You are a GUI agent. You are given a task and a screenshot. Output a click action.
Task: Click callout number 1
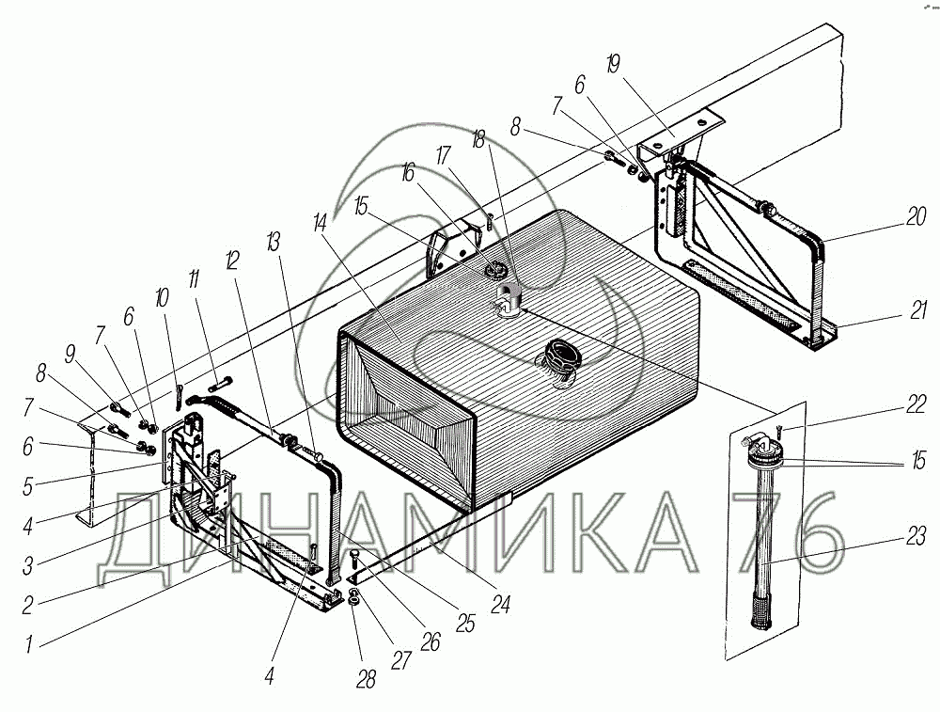29,645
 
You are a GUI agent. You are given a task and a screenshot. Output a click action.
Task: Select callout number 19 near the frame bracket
613,64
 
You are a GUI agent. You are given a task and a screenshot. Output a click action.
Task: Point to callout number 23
916,537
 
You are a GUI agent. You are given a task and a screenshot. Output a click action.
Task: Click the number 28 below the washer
367,680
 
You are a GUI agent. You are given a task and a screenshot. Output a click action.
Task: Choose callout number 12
232,261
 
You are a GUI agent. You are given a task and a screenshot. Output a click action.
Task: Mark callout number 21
918,310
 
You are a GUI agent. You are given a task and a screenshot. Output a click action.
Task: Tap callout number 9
70,355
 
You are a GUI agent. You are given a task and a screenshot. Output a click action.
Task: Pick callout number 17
443,156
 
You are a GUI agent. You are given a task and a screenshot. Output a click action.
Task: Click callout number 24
500,604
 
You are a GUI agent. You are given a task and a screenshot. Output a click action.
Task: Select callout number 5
27,486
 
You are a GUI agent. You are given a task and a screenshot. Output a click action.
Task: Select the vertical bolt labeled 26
353,563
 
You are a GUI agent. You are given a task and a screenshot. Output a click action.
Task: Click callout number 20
916,216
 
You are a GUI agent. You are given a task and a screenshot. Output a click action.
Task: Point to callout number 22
916,404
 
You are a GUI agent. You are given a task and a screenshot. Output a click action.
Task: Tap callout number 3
27,565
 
